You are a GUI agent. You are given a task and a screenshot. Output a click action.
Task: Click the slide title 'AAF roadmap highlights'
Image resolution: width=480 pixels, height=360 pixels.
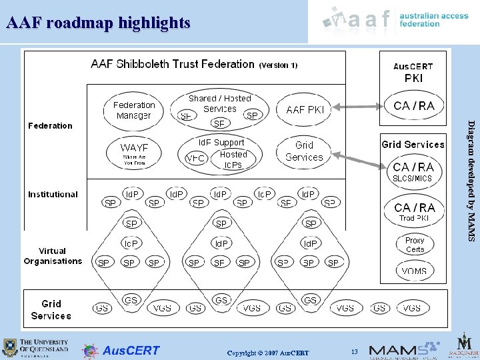(98, 23)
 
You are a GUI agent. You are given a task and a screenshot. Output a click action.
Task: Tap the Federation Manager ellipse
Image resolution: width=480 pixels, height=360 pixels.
(134, 110)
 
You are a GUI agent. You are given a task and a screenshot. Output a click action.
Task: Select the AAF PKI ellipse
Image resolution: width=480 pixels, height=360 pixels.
(305, 109)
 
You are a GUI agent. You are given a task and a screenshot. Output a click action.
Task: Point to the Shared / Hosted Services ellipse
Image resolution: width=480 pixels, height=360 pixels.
(220, 109)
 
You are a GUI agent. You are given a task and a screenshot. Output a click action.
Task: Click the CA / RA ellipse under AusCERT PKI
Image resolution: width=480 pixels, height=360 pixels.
(414, 105)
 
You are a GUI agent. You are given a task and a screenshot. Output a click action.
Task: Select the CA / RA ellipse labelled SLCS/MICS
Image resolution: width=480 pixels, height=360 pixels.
(413, 171)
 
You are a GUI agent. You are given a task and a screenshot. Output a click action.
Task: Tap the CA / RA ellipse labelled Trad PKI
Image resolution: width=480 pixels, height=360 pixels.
(414, 211)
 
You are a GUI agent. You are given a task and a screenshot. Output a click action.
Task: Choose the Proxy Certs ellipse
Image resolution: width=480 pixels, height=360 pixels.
(415, 245)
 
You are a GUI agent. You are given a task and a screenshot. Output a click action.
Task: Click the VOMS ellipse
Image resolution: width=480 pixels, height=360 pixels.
(415, 271)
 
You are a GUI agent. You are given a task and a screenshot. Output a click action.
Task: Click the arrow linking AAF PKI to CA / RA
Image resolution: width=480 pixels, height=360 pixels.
(360, 106)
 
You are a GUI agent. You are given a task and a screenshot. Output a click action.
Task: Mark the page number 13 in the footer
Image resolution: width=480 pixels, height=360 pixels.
(355, 351)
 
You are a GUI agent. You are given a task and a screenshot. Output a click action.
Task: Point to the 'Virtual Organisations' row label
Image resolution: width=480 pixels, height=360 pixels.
(53, 256)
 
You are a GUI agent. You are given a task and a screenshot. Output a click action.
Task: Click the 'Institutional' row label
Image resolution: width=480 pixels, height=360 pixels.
(53, 194)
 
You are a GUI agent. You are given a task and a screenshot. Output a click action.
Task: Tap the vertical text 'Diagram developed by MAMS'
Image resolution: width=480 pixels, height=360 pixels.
(471, 180)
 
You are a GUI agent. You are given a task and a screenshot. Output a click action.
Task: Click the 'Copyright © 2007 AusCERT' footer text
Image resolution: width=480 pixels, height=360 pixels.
(268, 352)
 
